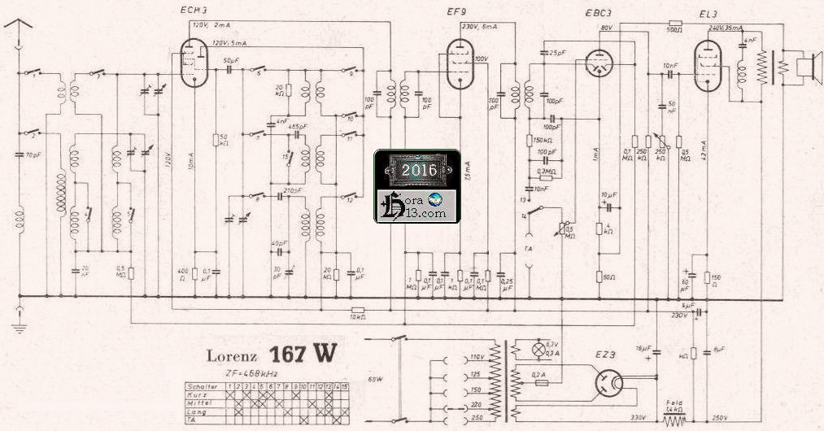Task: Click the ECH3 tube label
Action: click(x=194, y=9)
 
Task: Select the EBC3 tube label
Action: click(x=599, y=12)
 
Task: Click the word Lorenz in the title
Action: click(x=234, y=355)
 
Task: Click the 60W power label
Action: click(x=375, y=379)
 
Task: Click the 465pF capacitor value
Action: click(x=299, y=127)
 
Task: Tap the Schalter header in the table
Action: click(x=201, y=385)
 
